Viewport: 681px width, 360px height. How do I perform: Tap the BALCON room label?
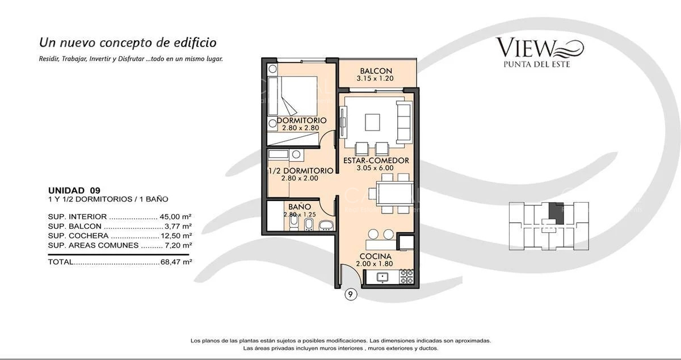point(376,71)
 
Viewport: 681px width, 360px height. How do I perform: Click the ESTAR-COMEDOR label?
point(376,161)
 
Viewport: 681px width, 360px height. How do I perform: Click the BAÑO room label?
point(299,207)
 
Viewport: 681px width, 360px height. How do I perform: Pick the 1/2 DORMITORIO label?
point(300,170)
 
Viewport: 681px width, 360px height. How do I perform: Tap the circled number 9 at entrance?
point(351,294)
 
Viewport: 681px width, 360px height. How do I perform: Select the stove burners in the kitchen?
point(406,277)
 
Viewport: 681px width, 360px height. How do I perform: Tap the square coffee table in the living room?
point(373,123)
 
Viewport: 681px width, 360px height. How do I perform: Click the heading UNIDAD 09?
point(74,190)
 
